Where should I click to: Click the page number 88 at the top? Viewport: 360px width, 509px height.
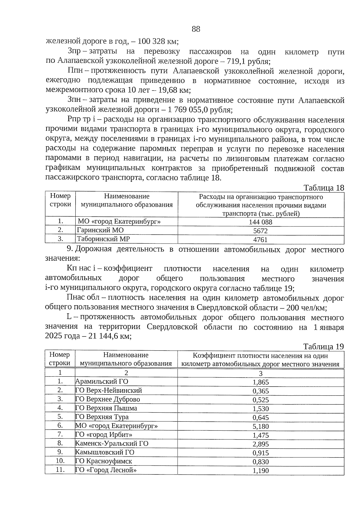click(x=196, y=29)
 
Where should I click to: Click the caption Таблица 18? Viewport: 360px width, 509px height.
click(x=324, y=188)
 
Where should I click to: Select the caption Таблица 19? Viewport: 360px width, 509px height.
click(x=323, y=347)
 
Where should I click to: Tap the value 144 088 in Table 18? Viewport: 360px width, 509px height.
click(x=260, y=222)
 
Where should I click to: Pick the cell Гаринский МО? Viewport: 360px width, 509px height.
click(x=100, y=230)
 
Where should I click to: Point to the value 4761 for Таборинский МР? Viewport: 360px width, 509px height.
click(x=260, y=240)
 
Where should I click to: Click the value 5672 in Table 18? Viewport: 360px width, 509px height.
click(x=260, y=231)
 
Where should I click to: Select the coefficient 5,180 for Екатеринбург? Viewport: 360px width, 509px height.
click(x=260, y=427)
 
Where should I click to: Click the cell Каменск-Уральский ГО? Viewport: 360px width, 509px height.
click(x=112, y=444)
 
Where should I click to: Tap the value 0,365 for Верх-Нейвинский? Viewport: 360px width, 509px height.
click(x=260, y=391)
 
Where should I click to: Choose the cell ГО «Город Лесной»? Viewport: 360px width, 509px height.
click(x=106, y=470)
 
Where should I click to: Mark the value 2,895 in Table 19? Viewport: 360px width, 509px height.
click(x=260, y=444)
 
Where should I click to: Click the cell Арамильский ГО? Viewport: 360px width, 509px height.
click(x=102, y=382)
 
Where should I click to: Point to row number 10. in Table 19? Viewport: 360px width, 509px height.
click(x=60, y=461)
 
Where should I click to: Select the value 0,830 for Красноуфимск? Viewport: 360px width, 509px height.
click(x=260, y=462)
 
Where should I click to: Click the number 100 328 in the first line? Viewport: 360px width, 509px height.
click(x=149, y=41)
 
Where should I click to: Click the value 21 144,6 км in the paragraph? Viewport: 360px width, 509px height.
click(x=110, y=336)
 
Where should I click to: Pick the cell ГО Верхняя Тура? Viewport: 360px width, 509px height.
click(x=102, y=417)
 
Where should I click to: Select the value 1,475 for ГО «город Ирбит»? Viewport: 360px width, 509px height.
click(x=260, y=435)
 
